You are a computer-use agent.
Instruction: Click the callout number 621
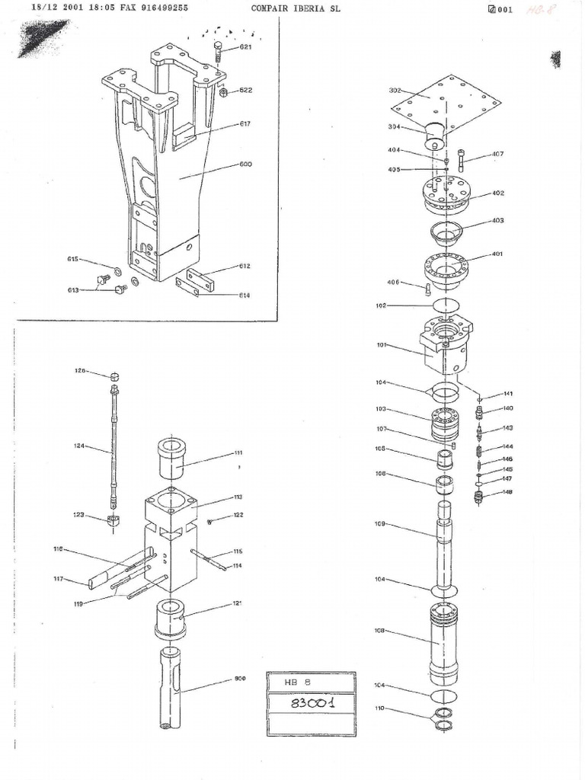(245, 47)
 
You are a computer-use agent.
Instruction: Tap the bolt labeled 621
(219, 53)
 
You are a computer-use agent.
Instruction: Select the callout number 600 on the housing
(245, 164)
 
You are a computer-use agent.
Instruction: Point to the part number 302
(395, 90)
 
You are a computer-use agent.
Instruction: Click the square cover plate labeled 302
(453, 103)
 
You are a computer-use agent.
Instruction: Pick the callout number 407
(497, 155)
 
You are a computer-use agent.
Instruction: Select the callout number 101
(382, 345)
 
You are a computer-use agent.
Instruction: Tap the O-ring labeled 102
(446, 305)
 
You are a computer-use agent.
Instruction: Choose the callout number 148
(507, 492)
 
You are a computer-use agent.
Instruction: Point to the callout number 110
(380, 708)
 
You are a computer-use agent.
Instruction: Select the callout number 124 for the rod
(79, 446)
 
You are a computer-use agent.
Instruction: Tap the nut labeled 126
(113, 377)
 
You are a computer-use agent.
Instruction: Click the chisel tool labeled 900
(173, 689)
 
